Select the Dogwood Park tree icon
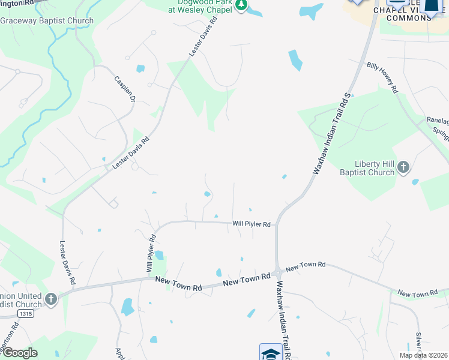241,5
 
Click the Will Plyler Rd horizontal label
252,224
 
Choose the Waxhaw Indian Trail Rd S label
331,133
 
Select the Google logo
20,352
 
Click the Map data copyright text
423,355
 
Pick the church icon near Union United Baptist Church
51,298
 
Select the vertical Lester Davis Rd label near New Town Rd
67,262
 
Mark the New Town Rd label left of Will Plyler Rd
178,284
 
